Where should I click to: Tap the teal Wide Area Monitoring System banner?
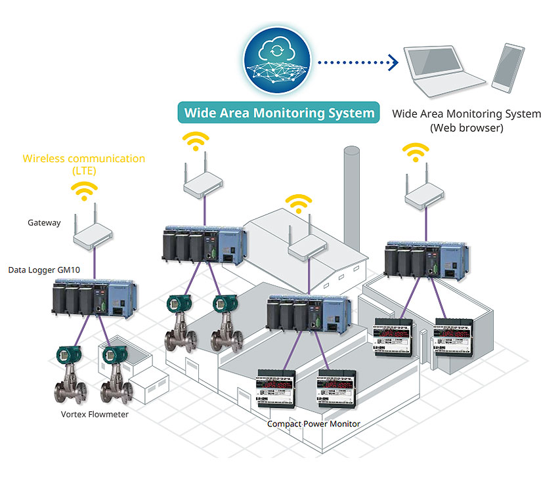click(279, 112)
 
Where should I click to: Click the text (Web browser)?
click(467, 128)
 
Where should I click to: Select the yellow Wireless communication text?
click(83, 158)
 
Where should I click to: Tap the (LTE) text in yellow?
click(83, 171)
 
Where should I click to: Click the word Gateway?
click(44, 222)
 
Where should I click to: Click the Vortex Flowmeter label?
click(95, 414)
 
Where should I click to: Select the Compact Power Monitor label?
click(313, 424)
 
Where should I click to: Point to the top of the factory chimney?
click(352, 151)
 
